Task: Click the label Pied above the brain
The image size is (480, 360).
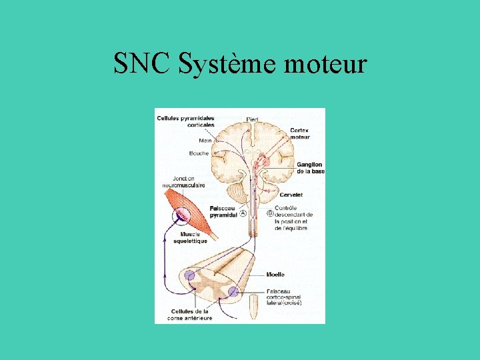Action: click(252, 119)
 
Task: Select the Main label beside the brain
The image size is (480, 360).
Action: click(205, 141)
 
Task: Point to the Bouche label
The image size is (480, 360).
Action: click(199, 153)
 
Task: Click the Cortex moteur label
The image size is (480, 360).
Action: click(299, 133)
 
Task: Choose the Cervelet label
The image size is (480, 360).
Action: click(291, 195)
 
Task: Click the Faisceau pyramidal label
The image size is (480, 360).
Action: click(223, 212)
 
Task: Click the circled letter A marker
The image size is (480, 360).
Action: click(243, 213)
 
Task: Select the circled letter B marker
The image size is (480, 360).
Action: click(270, 213)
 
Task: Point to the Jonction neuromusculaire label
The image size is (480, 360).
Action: click(189, 182)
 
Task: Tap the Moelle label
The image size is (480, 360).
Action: click(275, 275)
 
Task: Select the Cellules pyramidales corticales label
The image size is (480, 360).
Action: click(186, 121)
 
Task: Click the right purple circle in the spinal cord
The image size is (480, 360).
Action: click(233, 291)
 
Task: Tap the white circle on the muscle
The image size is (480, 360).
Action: click(181, 215)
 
